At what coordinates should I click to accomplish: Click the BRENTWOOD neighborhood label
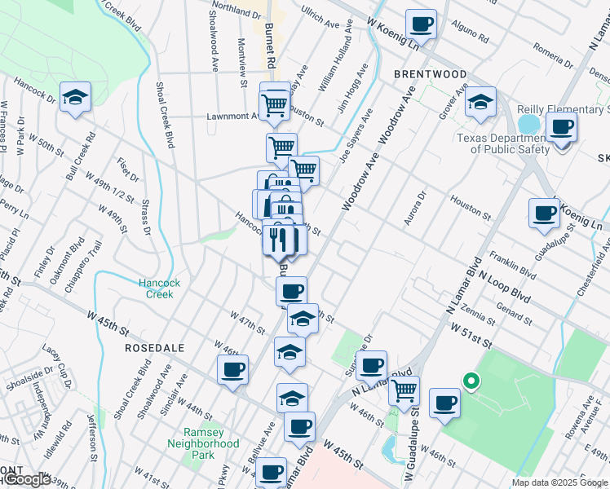click(430, 74)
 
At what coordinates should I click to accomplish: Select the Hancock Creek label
click(155, 289)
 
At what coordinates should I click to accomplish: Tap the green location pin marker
click(470, 380)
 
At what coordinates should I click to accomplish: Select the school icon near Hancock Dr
click(75, 99)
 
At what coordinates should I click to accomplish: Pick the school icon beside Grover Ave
click(480, 103)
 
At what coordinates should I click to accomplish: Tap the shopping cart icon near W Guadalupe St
click(404, 390)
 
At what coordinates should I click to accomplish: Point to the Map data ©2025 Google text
click(559, 482)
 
